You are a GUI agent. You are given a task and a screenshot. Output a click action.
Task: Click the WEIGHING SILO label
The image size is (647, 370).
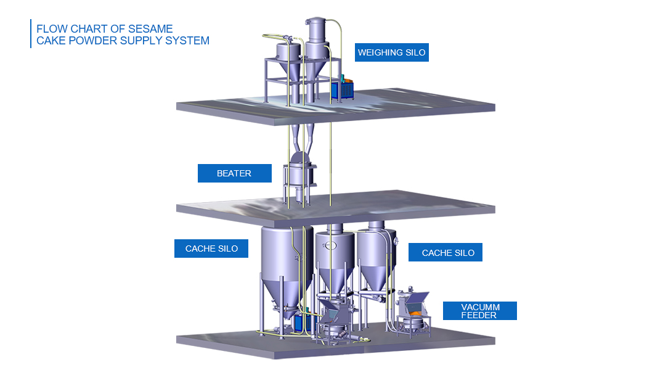click(391, 52)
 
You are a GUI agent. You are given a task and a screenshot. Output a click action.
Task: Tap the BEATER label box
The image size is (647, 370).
click(234, 173)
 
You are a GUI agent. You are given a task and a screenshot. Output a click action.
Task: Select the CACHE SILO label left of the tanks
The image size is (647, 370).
click(211, 249)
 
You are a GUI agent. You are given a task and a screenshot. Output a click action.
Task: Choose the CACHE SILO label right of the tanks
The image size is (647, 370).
click(446, 252)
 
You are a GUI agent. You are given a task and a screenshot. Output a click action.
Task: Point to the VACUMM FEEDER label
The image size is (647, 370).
click(480, 311)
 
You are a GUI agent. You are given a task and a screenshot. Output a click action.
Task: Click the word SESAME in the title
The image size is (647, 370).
click(150, 29)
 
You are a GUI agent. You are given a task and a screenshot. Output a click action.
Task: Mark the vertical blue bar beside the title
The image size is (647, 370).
click(31, 33)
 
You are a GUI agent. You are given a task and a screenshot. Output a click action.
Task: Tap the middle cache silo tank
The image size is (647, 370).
click(335, 260)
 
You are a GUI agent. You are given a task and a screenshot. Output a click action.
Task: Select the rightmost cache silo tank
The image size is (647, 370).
click(376, 255)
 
